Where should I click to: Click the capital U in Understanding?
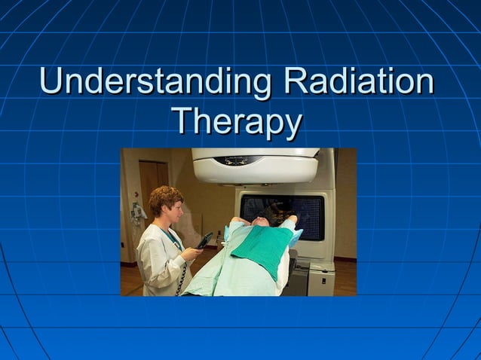pos(51,81)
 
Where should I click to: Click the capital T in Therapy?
pos(182,120)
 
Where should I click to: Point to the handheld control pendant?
pos(204,241)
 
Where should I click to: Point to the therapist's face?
pos(174,211)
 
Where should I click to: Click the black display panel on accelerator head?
pos(238,160)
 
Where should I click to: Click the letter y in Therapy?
pos(292,124)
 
